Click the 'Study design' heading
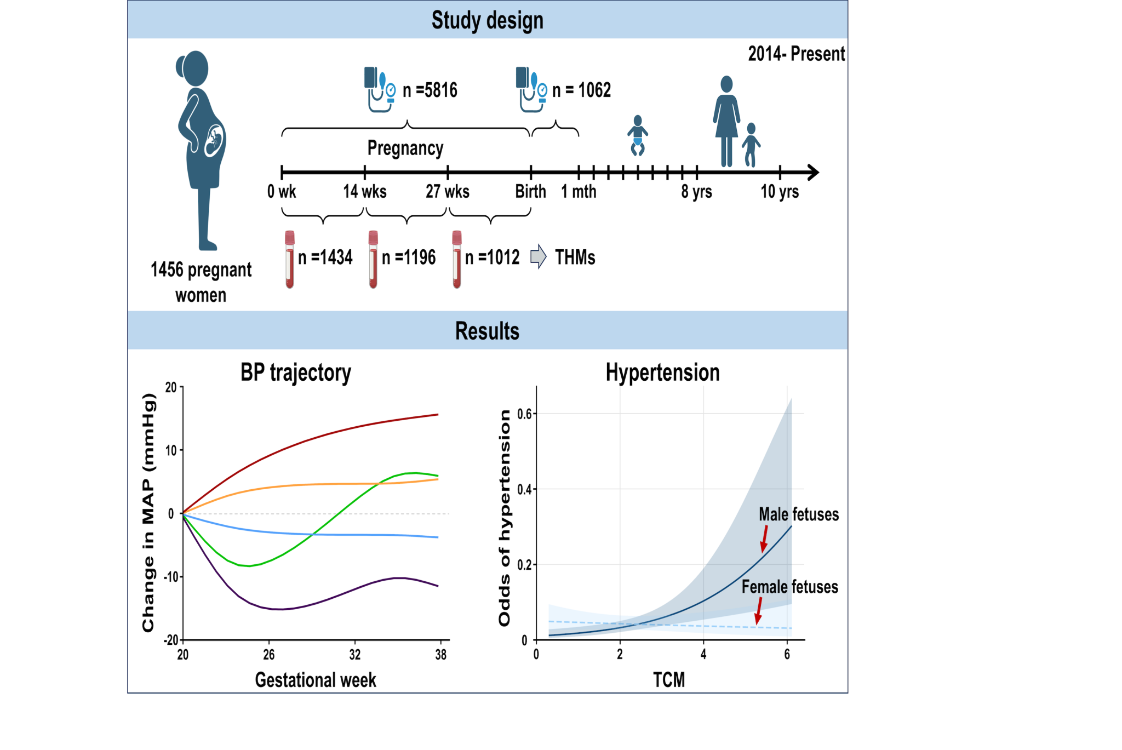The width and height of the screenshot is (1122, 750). (487, 20)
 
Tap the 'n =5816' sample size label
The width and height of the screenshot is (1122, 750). (430, 90)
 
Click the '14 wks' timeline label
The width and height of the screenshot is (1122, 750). (365, 191)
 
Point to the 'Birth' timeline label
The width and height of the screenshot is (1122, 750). (530, 191)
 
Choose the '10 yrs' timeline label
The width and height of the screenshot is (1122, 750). (780, 191)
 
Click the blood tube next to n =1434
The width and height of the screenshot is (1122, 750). (290, 259)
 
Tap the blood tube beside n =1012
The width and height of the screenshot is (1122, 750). (457, 259)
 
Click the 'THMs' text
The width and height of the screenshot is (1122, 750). (575, 257)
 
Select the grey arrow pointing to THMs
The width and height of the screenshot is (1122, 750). (539, 256)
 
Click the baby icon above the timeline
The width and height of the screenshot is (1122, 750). (637, 135)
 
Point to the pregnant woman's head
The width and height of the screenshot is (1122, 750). (194, 68)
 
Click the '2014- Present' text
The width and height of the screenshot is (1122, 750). (796, 54)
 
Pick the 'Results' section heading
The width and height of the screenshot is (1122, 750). (487, 331)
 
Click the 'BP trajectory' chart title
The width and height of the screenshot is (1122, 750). (296, 373)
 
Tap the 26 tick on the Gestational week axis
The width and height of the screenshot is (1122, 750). (268, 655)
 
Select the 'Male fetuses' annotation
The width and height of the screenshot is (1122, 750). (798, 514)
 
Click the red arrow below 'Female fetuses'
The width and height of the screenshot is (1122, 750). (759, 611)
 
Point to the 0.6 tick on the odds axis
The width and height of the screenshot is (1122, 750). (524, 414)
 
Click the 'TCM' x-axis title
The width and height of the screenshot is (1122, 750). (669, 680)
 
